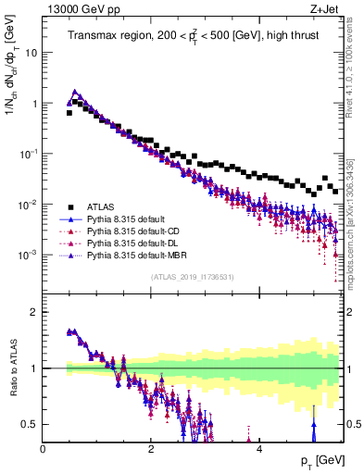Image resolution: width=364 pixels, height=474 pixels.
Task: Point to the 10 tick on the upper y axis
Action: pos(31,53)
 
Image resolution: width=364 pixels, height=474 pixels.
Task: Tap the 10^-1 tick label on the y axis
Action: pos(29,154)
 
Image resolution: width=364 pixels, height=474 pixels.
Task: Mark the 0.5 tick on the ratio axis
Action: pos(31,424)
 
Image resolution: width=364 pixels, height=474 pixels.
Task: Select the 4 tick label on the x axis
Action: pos(258,449)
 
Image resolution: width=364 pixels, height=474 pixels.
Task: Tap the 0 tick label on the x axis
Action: pos(44,449)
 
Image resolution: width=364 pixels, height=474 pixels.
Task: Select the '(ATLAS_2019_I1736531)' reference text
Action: pos(193,277)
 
